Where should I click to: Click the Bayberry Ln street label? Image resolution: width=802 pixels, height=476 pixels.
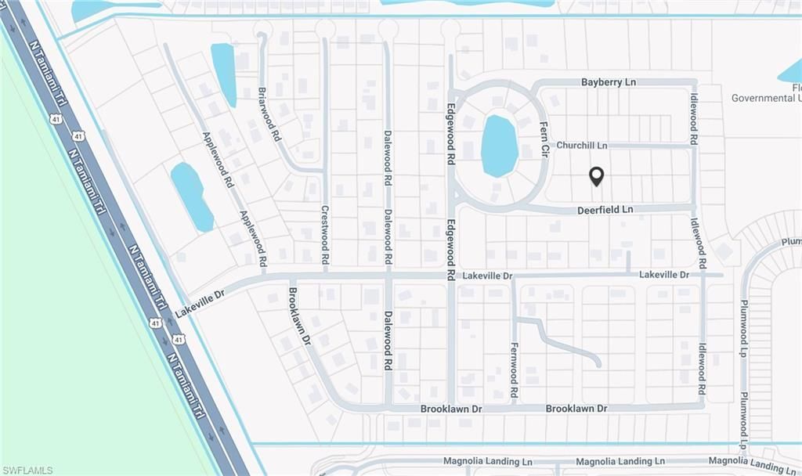[608, 81]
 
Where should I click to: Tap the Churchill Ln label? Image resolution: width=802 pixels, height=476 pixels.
[581, 146]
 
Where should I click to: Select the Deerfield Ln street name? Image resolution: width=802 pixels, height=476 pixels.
[605, 210]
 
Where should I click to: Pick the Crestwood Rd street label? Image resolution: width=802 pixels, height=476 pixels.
[325, 227]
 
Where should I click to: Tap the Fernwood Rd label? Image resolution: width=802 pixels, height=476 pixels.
[515, 370]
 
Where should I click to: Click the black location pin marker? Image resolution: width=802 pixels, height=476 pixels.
[596, 177]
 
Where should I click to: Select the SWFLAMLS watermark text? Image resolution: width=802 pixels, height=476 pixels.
[27, 470]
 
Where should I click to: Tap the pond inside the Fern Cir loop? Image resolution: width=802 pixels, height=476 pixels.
[499, 146]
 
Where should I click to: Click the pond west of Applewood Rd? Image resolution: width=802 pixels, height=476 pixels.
[192, 196]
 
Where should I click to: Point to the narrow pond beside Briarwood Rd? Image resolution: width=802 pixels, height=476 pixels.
[223, 74]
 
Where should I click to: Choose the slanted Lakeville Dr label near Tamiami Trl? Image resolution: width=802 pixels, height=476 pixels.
[200, 302]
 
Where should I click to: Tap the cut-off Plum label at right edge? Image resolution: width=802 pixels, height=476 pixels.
[791, 243]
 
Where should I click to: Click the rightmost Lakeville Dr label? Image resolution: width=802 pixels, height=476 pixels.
[663, 275]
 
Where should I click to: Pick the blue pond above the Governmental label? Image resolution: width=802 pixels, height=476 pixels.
[791, 73]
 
